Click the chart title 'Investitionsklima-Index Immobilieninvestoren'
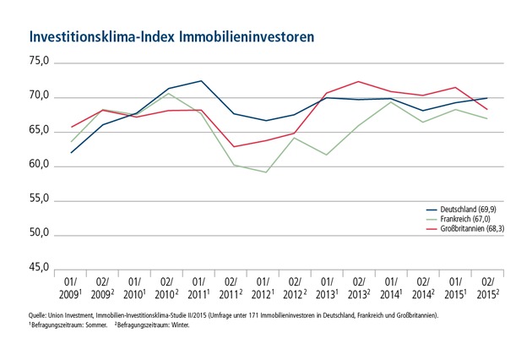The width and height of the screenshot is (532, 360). click(x=172, y=37)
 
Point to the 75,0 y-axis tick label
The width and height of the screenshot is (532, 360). click(x=42, y=63)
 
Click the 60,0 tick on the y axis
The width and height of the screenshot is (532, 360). click(x=42, y=166)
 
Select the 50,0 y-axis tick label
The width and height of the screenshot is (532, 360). click(x=42, y=234)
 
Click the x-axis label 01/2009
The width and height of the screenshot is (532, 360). click(x=72, y=286)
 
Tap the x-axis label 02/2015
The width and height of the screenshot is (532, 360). click(x=486, y=286)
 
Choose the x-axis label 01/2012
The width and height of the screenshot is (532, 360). click(x=263, y=286)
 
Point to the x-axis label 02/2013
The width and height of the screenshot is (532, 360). click(x=359, y=286)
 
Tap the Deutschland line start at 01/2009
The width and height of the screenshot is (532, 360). click(x=72, y=152)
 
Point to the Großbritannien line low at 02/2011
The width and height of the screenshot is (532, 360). click(x=233, y=146)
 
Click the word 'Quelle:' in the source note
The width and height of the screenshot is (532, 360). click(x=39, y=314)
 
